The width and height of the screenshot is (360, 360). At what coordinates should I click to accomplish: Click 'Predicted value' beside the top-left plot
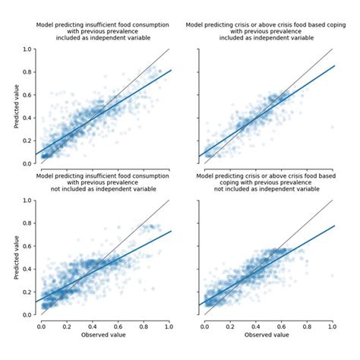[x=16, y=106]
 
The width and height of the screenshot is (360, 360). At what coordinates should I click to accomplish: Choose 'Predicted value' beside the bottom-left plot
[x=16, y=257]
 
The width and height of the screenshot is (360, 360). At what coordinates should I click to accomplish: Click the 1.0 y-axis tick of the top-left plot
[x=28, y=49]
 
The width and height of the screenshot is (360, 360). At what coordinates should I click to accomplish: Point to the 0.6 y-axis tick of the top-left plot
[x=28, y=95]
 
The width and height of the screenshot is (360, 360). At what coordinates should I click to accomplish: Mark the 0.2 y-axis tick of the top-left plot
[x=28, y=141]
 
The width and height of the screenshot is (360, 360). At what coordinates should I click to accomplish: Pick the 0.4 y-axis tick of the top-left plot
[x=28, y=118]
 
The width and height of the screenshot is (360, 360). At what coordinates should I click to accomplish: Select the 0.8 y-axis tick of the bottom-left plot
[x=28, y=223]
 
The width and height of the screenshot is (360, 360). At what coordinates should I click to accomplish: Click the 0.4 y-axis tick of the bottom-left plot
[x=28, y=269]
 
